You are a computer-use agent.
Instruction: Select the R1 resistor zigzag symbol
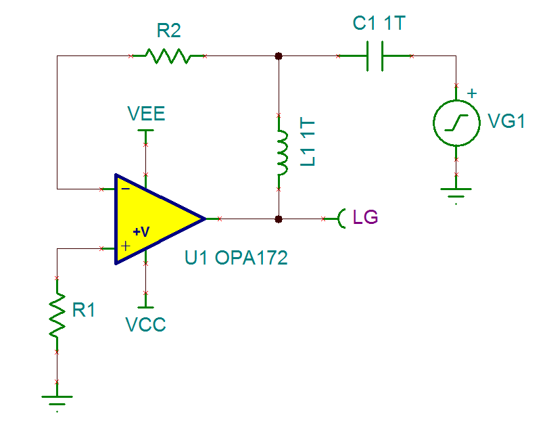(x=57, y=315)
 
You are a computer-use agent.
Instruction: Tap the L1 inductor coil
(x=279, y=153)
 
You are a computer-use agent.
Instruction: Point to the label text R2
(x=168, y=31)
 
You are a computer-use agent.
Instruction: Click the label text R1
(x=84, y=311)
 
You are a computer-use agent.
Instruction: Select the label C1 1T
(x=378, y=24)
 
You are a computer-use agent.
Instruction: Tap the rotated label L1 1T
(x=308, y=144)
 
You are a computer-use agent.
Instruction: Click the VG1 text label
(x=506, y=122)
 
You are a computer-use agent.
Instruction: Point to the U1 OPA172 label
(x=236, y=258)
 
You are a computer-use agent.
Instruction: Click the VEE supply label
(x=146, y=113)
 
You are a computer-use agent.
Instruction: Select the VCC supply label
(x=145, y=325)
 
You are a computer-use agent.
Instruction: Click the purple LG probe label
(x=366, y=218)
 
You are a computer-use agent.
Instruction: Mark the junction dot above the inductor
(x=279, y=56)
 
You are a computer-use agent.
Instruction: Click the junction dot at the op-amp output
(x=279, y=219)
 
